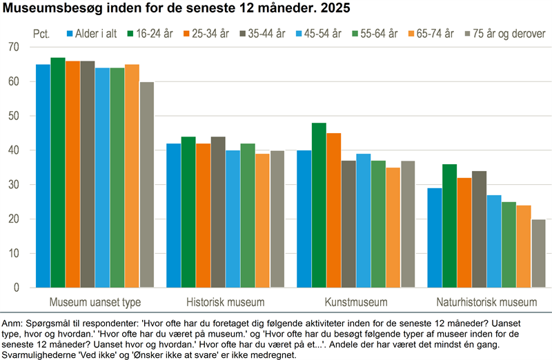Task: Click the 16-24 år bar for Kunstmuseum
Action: pyautogui.click(x=319, y=205)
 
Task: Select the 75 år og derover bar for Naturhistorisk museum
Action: pyautogui.click(x=539, y=253)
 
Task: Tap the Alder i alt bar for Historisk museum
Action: pyautogui.click(x=174, y=215)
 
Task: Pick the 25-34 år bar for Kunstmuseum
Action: pyautogui.click(x=334, y=210)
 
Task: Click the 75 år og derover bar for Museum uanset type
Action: pyautogui.click(x=147, y=185)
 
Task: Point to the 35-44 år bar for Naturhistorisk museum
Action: pyautogui.click(x=479, y=230)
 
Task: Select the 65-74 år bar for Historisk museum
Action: pyautogui.click(x=263, y=221)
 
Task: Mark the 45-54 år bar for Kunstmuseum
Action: pyautogui.click(x=364, y=221)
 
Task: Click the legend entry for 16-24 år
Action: pyautogui.click(x=150, y=34)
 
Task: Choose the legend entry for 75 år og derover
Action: pyautogui.click(x=506, y=34)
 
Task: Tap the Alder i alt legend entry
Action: pyautogui.click(x=92, y=34)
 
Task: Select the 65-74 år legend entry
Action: pyautogui.click(x=431, y=34)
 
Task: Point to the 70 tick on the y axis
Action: pyautogui.click(x=14, y=47)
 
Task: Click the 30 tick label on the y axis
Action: pyautogui.click(x=14, y=184)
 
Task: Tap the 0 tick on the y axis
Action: pyautogui.click(x=16, y=288)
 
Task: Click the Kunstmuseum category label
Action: pyautogui.click(x=356, y=302)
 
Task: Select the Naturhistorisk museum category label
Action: pyautogui.click(x=486, y=302)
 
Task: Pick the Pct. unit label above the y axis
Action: pyautogui.click(x=41, y=34)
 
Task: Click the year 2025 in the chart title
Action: pyautogui.click(x=335, y=8)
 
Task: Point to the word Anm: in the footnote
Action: pyautogui.click(x=12, y=323)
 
